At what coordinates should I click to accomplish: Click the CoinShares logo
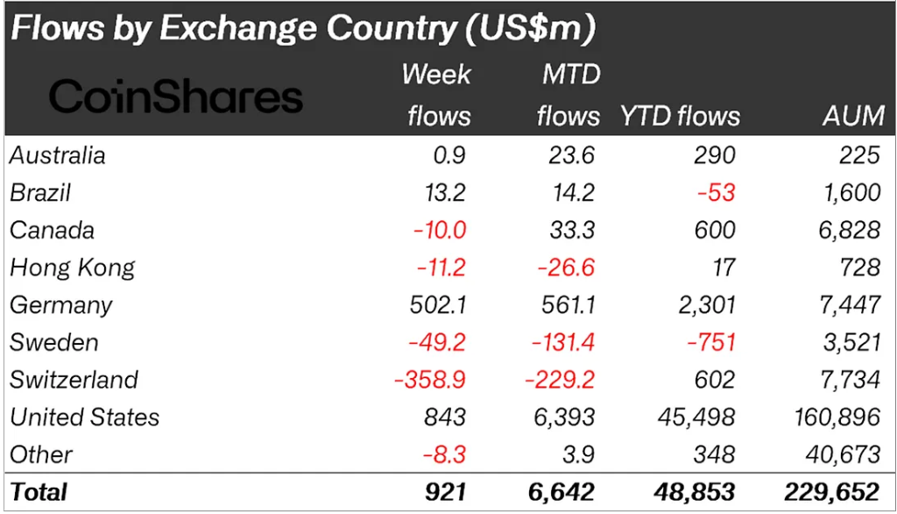click(x=175, y=97)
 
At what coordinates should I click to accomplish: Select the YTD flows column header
click(x=680, y=116)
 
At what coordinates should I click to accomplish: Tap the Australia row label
click(x=58, y=155)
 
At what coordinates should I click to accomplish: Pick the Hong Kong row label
click(x=73, y=268)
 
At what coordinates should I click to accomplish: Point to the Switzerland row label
click(x=74, y=380)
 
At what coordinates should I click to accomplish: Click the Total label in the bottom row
click(x=39, y=492)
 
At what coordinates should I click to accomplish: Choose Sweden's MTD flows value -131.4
click(x=561, y=342)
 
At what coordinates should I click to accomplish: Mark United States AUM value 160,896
click(x=830, y=417)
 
